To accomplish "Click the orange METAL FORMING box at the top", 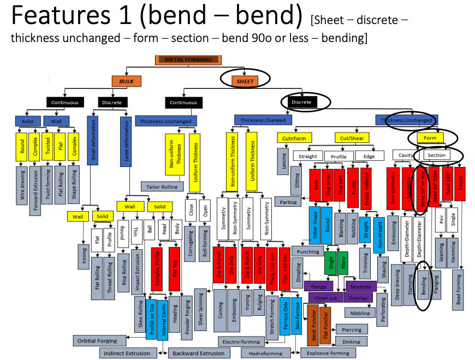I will (x=188, y=59).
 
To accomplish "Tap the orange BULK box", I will (x=127, y=81).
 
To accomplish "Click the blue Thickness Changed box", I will (x=263, y=120).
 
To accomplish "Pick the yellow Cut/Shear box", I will (x=352, y=138).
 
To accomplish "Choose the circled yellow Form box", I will (x=431, y=138).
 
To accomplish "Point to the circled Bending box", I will (x=425, y=286).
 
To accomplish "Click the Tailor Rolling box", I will (x=162, y=187).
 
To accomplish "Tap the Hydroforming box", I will (x=263, y=353).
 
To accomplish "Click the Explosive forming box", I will (x=328, y=353).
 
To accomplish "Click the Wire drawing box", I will (x=23, y=187).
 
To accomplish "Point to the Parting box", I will (x=289, y=202).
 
